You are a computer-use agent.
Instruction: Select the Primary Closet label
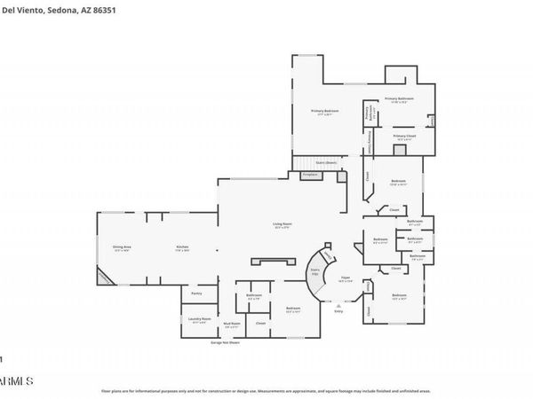(x=406, y=137)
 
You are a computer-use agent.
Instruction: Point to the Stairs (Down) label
(x=326, y=163)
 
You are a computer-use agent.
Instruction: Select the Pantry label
(x=197, y=293)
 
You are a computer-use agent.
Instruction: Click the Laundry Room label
(x=199, y=319)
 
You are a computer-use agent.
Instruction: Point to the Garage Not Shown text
(x=227, y=341)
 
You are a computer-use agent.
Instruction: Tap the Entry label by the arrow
(x=338, y=311)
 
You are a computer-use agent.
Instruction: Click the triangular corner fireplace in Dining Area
(x=105, y=279)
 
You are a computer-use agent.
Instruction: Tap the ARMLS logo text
(x=16, y=379)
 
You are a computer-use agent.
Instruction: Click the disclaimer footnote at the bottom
(x=266, y=390)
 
